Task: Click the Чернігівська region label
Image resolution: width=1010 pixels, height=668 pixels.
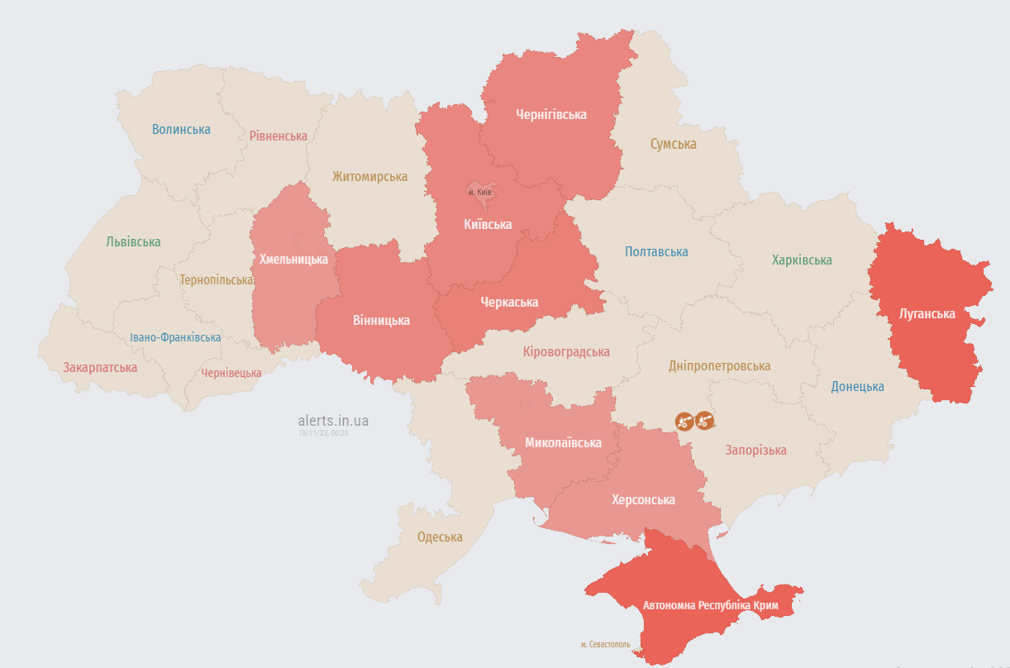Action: click(550, 114)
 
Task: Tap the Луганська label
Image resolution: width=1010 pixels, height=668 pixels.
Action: click(927, 313)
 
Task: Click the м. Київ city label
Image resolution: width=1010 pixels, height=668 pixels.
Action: click(480, 192)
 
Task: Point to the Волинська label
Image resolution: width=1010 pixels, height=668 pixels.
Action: click(181, 129)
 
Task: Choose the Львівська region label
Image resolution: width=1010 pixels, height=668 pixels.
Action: click(133, 241)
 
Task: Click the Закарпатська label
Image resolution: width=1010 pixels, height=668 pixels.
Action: click(100, 366)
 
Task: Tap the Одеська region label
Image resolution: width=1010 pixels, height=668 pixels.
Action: click(440, 537)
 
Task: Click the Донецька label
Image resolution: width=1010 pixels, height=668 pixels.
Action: click(857, 386)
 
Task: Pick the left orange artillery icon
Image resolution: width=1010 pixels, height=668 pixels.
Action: click(684, 421)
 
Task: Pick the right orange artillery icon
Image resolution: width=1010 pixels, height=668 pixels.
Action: click(704, 421)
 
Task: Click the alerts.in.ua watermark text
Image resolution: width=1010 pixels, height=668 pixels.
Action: click(333, 421)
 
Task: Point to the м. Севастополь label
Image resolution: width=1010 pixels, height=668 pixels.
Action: click(605, 644)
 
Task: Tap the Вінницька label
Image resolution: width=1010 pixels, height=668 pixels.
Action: click(381, 320)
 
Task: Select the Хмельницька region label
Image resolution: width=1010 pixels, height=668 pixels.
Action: click(293, 259)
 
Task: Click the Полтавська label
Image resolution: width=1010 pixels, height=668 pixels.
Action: click(656, 251)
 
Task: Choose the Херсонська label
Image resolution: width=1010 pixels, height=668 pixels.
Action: click(643, 499)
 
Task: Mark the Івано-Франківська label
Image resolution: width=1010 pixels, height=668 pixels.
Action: click(175, 337)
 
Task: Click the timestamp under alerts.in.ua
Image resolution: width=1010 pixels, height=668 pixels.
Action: click(323, 433)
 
